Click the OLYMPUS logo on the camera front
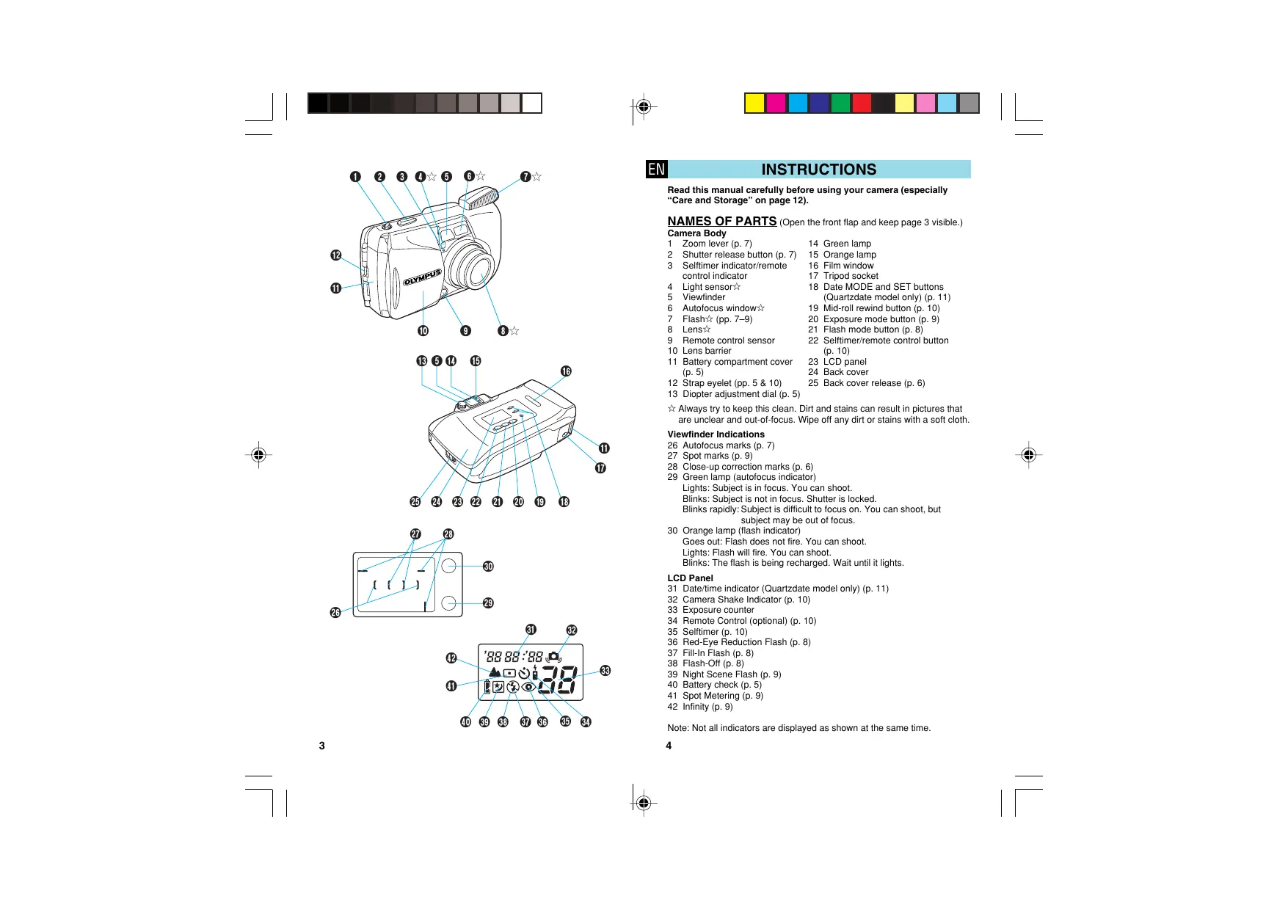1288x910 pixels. click(x=422, y=277)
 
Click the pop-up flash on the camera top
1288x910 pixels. click(x=479, y=197)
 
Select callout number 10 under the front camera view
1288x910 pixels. click(x=423, y=331)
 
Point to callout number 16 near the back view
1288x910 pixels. click(x=566, y=371)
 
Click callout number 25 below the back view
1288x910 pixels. click(x=415, y=502)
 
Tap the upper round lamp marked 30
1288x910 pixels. click(x=449, y=566)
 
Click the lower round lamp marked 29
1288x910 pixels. click(x=449, y=603)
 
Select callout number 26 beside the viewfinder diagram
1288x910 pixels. click(x=335, y=613)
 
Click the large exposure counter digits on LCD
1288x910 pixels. click(x=558, y=680)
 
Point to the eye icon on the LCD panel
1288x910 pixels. click(x=528, y=688)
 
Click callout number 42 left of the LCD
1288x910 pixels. click(x=451, y=658)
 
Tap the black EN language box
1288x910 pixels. click(x=656, y=170)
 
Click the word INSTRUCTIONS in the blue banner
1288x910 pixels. click(x=818, y=170)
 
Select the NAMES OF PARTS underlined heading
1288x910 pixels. click(x=721, y=221)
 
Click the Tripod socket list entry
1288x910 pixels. click(x=850, y=276)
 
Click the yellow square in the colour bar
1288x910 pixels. click(x=754, y=103)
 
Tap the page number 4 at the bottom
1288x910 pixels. click(x=669, y=746)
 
